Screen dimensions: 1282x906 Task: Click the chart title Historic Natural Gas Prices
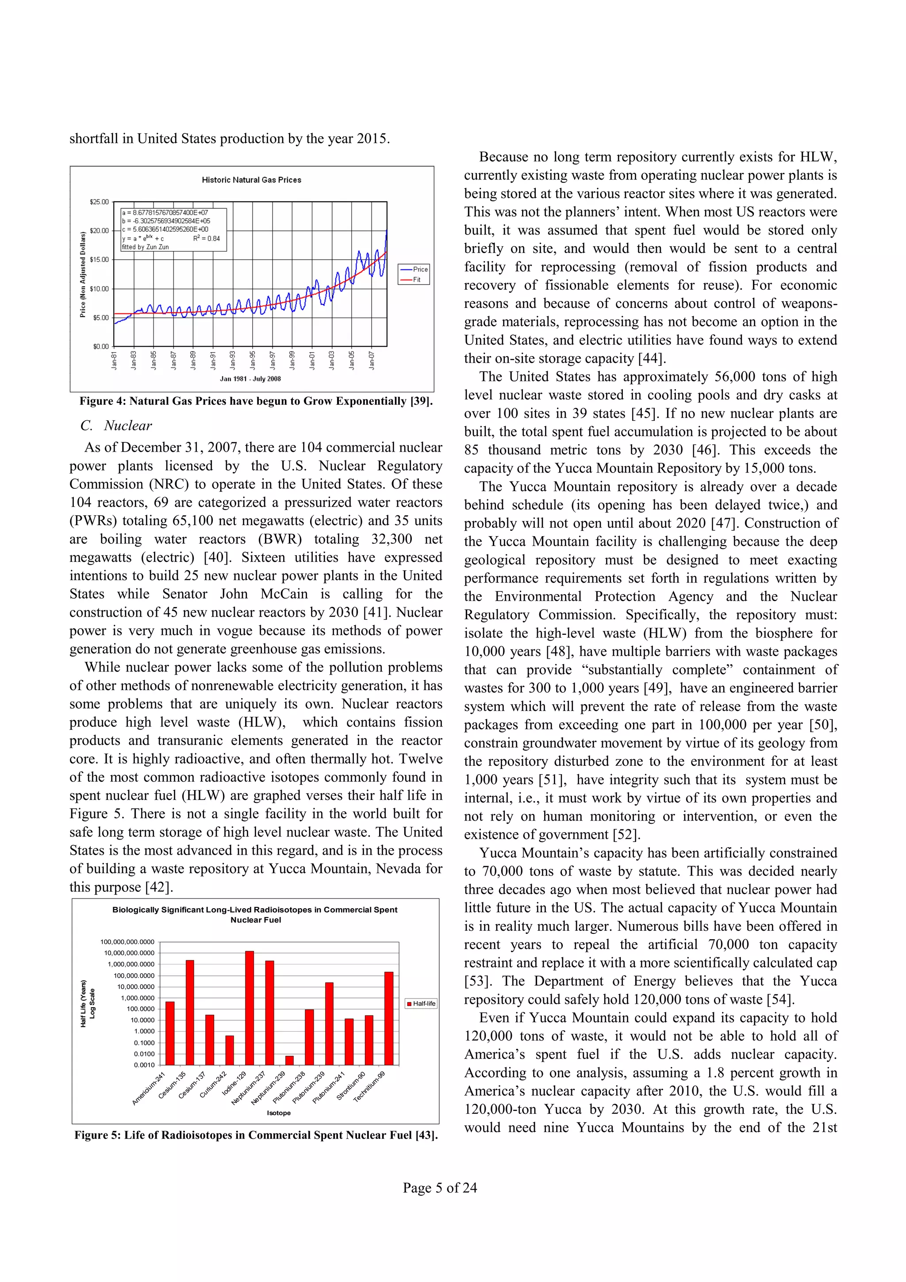[x=251, y=180]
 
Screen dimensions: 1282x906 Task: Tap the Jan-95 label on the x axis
[x=253, y=360]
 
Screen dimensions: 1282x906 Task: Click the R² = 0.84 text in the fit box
[x=206, y=238]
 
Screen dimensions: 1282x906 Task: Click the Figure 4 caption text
[x=256, y=401]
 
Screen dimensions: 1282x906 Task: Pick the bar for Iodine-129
[x=250, y=1008]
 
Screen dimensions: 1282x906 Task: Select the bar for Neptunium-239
[x=289, y=1060]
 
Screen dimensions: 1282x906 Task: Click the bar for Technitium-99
[x=388, y=1018]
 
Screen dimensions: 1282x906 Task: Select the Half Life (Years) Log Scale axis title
[x=88, y=1003]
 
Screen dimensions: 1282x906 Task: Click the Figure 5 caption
[x=256, y=1135]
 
